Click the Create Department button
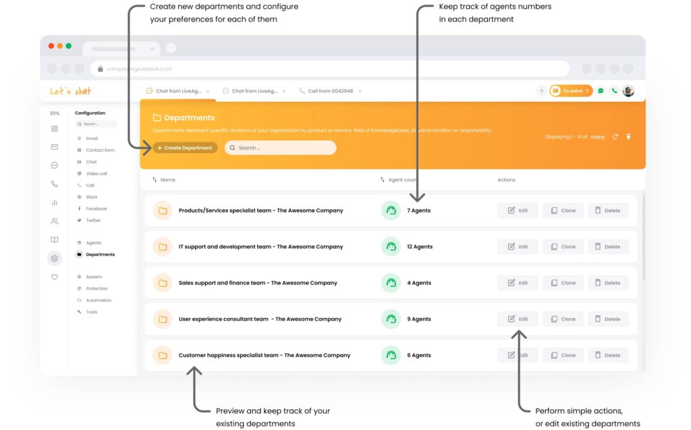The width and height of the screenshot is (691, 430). pyautogui.click(x=185, y=148)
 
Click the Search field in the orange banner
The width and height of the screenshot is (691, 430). pyautogui.click(x=280, y=148)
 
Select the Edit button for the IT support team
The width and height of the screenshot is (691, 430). pyautogui.click(x=518, y=247)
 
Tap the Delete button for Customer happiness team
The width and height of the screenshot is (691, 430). pyautogui.click(x=607, y=355)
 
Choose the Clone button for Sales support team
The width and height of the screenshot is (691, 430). pyautogui.click(x=563, y=283)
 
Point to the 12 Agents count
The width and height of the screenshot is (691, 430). pyautogui.click(x=419, y=247)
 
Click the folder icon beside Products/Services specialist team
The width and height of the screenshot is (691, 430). pyautogui.click(x=162, y=211)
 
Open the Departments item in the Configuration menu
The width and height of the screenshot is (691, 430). pyautogui.click(x=100, y=254)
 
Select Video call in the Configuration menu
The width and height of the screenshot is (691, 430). pyautogui.click(x=96, y=173)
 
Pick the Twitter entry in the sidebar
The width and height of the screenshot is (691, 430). pyautogui.click(x=92, y=221)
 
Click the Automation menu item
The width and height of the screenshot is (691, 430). pyautogui.click(x=99, y=300)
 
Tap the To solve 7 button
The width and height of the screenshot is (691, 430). pyautogui.click(x=571, y=90)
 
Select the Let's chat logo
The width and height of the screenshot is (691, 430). pyautogui.click(x=70, y=91)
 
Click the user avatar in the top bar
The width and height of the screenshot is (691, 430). pyautogui.click(x=628, y=90)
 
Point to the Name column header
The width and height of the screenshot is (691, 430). pyautogui.click(x=167, y=180)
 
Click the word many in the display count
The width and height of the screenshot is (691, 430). pyautogui.click(x=598, y=137)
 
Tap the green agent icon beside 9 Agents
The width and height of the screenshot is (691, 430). pyautogui.click(x=390, y=319)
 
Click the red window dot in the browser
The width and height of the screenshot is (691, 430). pyautogui.click(x=51, y=46)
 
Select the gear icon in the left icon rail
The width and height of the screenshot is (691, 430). pyautogui.click(x=55, y=258)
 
